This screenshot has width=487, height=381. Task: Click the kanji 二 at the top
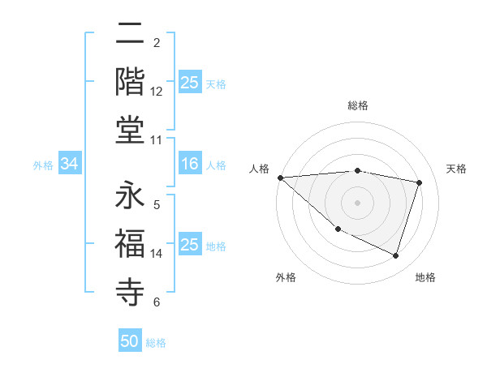point(129,35)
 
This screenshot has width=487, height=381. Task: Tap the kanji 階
point(129,82)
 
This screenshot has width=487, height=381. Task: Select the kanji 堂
point(129,130)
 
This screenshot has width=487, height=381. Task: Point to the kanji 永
point(129,195)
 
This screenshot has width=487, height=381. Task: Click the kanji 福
point(129,243)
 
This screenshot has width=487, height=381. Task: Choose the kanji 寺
point(129,291)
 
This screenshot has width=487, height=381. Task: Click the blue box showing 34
point(69,165)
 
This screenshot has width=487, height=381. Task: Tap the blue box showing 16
point(189,165)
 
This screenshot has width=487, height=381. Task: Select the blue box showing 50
point(130,341)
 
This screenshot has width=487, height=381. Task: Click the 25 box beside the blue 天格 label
point(189,83)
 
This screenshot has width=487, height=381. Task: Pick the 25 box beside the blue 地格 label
point(189,245)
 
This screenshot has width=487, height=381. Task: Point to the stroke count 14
point(156,254)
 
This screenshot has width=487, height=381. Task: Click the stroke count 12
point(156,92)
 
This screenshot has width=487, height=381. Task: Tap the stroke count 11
point(156,140)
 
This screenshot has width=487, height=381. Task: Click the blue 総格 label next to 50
point(156,343)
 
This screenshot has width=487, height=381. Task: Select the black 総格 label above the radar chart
point(358,105)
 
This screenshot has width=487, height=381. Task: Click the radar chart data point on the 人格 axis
point(280,177)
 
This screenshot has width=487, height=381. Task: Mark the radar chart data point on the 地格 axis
point(395,256)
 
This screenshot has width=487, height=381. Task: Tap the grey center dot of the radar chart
point(357,202)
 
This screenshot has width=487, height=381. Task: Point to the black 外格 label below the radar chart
point(286,277)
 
